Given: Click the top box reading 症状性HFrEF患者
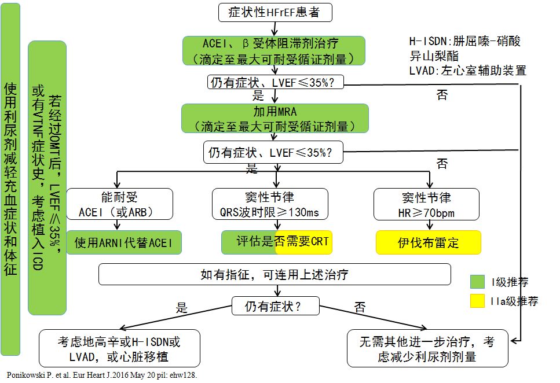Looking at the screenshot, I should click(x=275, y=12).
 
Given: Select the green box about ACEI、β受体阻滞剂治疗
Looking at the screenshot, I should click(x=274, y=50).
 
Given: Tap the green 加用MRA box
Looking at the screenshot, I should click(x=274, y=118).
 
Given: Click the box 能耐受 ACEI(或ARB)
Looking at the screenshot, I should click(x=119, y=204).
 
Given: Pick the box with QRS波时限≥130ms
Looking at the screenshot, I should click(x=270, y=204).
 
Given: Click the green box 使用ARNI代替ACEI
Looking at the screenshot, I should click(x=124, y=242).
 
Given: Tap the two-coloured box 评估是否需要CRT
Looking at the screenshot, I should click(x=276, y=242).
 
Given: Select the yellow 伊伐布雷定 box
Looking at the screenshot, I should click(x=429, y=242).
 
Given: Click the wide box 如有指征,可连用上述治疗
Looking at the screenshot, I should click(x=274, y=274).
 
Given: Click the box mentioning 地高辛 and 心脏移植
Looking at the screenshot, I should click(x=119, y=348).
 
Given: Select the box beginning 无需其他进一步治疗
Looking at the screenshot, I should click(x=427, y=348).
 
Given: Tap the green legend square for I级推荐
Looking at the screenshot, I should click(x=478, y=282).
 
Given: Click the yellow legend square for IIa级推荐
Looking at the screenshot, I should click(x=478, y=301).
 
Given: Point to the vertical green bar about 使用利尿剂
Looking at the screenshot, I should click(x=10, y=179).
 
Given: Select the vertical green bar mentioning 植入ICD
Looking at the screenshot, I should click(x=47, y=178).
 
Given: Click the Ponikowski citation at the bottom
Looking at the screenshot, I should click(x=102, y=375).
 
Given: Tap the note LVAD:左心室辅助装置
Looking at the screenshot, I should click(x=467, y=71).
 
